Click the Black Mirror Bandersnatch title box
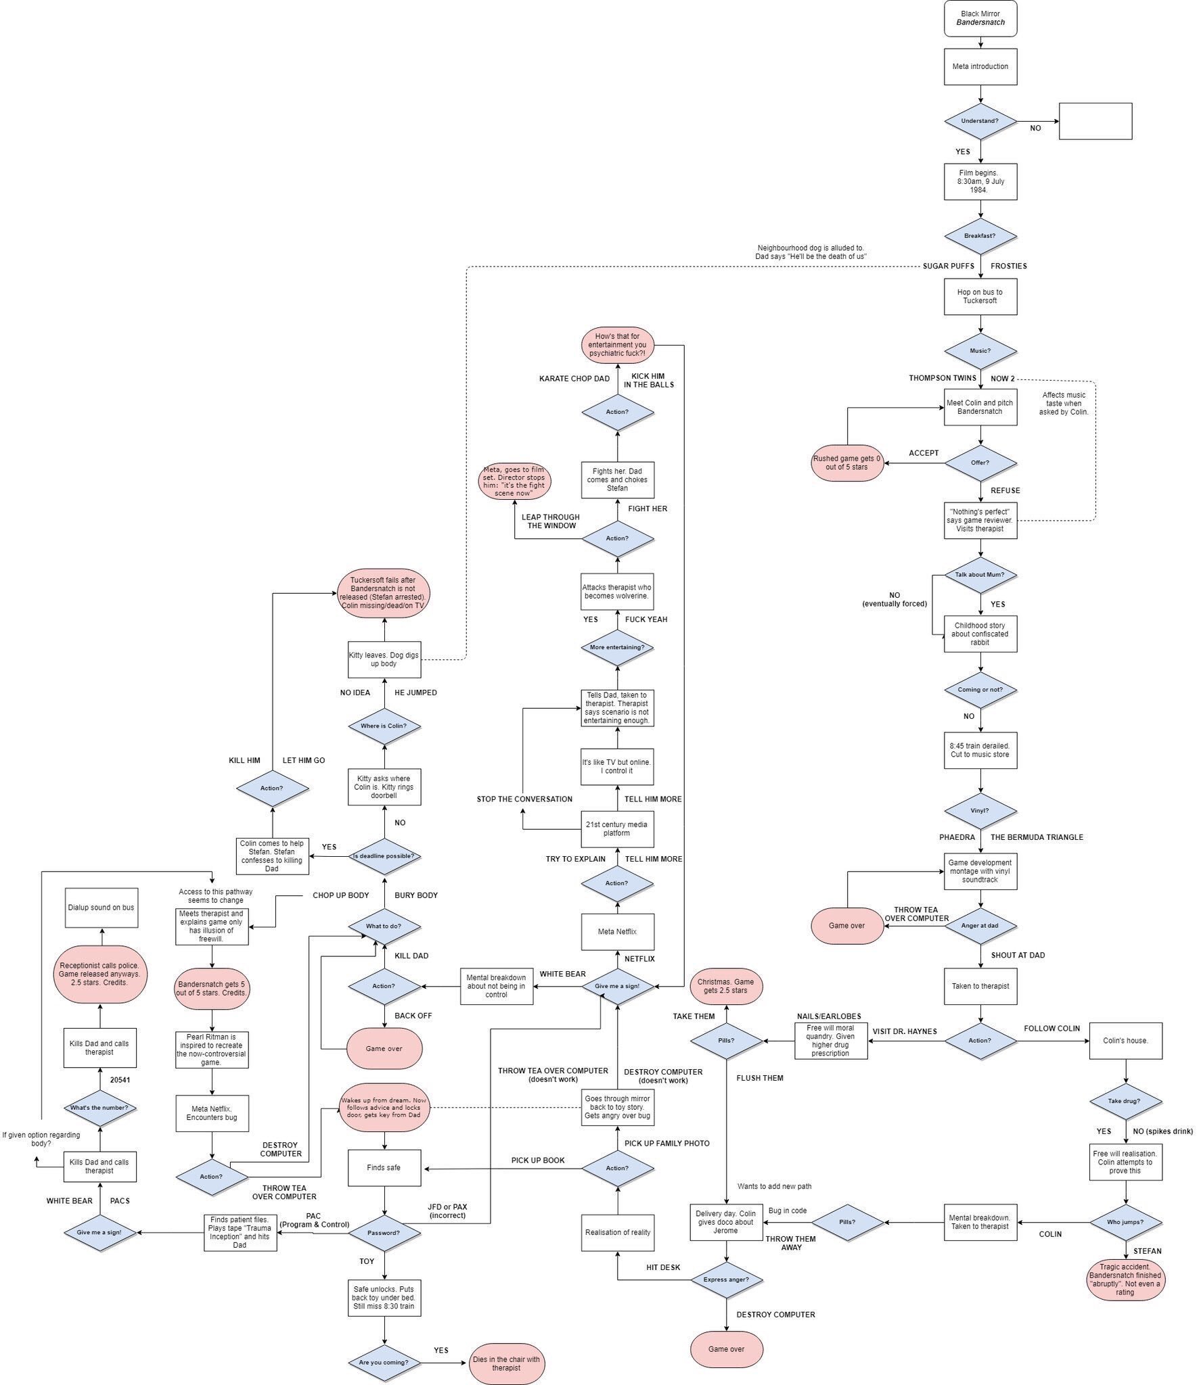coord(980,18)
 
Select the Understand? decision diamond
coord(980,121)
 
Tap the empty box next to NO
coord(1095,121)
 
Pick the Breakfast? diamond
coord(980,236)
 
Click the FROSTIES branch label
coord(1008,266)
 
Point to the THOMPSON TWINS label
coord(942,378)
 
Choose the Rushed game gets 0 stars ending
coord(847,463)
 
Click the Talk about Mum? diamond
coord(980,575)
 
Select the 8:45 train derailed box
coord(980,750)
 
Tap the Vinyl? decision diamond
coord(980,810)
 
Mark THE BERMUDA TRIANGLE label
coord(1037,837)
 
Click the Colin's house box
coord(1125,1041)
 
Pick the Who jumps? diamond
coord(1125,1222)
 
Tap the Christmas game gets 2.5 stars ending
coord(726,986)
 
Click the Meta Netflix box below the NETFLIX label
coord(617,932)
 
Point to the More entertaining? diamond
coord(617,647)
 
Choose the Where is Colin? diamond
coord(384,726)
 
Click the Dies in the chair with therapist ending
coord(506,1363)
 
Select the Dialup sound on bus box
coord(101,908)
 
